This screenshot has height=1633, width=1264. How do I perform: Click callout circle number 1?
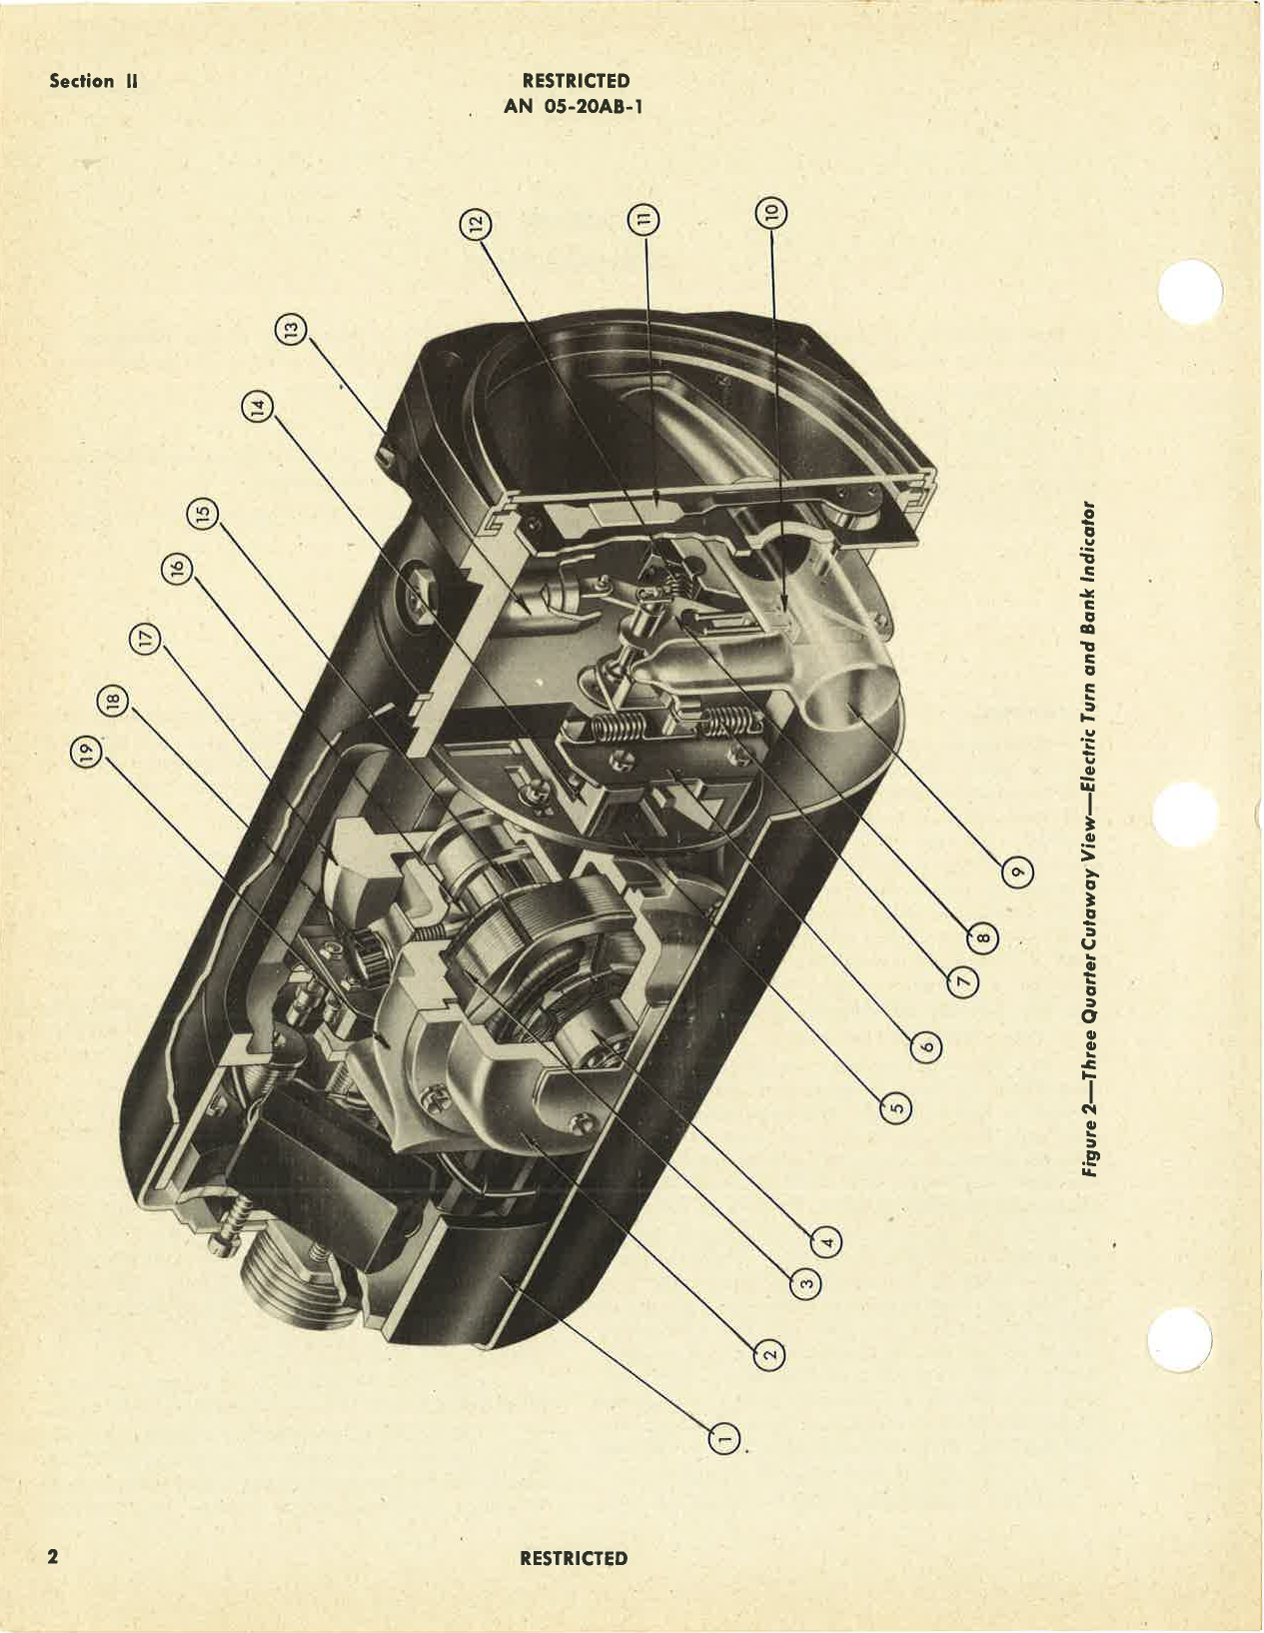[x=726, y=1438]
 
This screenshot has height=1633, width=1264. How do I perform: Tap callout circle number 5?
[x=896, y=1107]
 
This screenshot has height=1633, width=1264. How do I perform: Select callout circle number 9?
[x=1017, y=872]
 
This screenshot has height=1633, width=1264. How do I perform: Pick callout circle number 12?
[x=476, y=224]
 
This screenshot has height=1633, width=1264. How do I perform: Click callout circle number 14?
[x=258, y=408]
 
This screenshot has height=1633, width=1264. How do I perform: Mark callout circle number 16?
[x=176, y=569]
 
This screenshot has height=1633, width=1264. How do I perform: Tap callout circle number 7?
[x=963, y=982]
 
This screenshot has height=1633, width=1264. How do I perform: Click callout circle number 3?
[x=806, y=1283]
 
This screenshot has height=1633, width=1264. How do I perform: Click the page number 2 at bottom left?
[x=54, y=1556]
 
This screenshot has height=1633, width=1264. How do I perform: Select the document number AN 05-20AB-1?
[x=574, y=105]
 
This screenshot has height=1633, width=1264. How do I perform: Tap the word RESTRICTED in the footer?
[x=574, y=1558]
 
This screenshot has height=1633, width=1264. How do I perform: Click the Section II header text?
[x=93, y=81]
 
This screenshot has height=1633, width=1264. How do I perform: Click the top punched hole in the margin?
[x=1189, y=291]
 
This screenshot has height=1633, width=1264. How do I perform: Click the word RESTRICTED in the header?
[x=576, y=81]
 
